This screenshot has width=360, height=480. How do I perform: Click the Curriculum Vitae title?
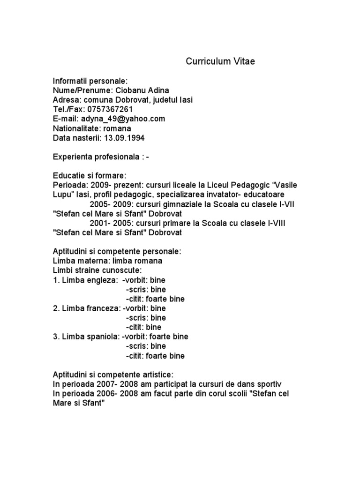tap(220, 61)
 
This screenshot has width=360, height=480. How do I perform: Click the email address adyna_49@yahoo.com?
tap(123, 119)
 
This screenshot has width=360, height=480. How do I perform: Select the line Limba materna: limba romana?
tap(108, 261)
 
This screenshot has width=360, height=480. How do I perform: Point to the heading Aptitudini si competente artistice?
tap(113, 375)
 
